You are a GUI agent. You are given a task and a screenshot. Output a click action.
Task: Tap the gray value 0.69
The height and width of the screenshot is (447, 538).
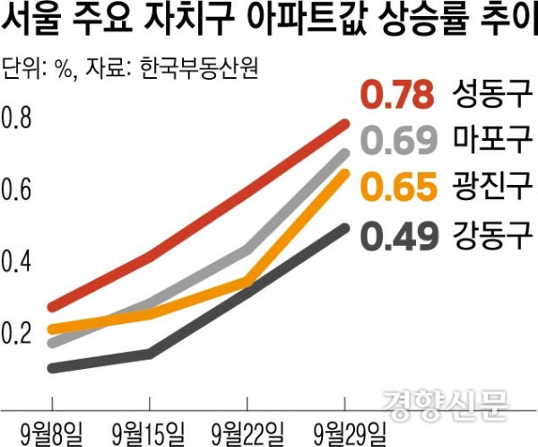click(400, 140)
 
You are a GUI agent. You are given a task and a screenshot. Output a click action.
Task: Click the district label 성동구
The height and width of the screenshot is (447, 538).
click(494, 92)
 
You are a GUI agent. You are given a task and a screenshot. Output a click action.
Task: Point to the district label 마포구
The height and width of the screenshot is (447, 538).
click(494, 140)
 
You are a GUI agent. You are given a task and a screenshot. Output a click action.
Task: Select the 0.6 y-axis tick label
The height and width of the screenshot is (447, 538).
click(18, 189)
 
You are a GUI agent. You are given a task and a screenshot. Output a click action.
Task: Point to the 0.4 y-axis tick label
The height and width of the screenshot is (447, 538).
click(18, 261)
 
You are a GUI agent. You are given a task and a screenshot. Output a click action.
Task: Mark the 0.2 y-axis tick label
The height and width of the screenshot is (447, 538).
click(18, 332)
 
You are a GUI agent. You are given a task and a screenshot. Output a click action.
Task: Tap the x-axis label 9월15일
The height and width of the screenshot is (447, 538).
click(146, 429)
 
